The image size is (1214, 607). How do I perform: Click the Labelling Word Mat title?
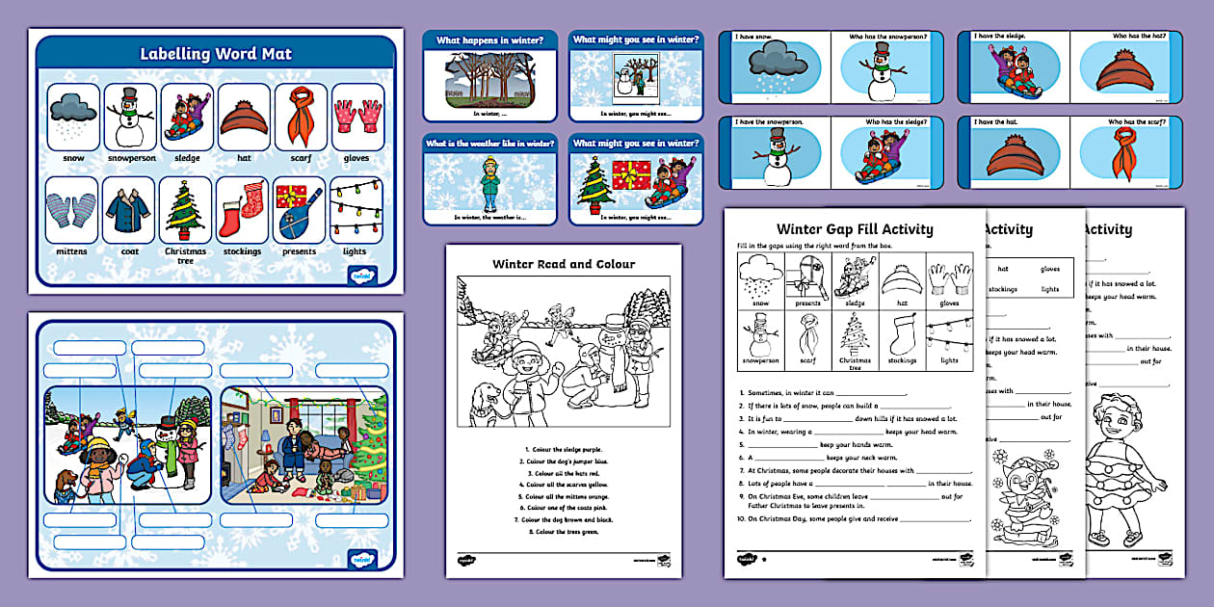pos(215,54)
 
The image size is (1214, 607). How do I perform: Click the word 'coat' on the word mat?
pos(129,251)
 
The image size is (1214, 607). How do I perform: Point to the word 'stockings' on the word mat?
pos(243,251)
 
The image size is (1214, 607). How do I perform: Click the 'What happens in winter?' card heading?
pos(489,40)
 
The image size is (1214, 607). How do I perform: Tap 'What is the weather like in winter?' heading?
pos(489,144)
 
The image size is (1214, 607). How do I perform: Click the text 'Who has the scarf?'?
pos(1143,122)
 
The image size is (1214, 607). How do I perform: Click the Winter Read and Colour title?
pos(564,264)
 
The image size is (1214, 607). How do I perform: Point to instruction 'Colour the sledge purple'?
pos(565,449)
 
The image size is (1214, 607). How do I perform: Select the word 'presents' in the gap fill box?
pos(807,303)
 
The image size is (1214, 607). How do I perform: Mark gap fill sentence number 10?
pos(853,518)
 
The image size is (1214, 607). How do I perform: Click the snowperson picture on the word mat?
pos(130,117)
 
